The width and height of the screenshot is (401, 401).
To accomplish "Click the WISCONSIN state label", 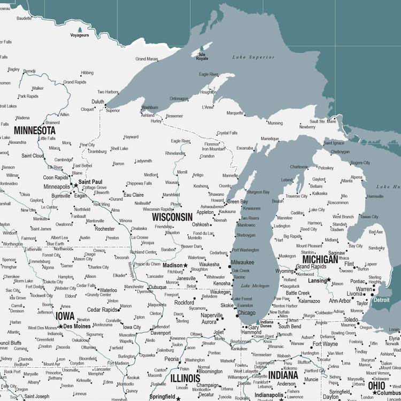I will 172,217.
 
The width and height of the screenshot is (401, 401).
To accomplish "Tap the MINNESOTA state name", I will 35,130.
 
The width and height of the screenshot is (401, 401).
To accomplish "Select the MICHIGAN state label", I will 320,259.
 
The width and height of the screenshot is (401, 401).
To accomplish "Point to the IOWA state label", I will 65,315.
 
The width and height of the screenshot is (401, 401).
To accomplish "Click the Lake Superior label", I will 253,57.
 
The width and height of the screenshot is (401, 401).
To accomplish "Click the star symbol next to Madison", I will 186,265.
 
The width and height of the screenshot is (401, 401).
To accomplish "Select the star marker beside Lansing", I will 329,280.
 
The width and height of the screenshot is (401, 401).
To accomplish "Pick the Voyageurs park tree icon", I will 80,30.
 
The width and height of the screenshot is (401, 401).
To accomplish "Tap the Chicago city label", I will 246,313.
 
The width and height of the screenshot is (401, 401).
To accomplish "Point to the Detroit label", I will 382,300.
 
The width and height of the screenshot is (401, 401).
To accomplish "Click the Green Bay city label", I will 237,202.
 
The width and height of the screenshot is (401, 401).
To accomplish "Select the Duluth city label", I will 98,102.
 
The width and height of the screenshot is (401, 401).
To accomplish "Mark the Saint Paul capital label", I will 90,182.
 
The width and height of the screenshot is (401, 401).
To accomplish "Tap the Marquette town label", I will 235,113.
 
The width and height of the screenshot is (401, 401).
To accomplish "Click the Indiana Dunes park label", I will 266,324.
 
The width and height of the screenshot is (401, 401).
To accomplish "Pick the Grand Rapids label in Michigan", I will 311,266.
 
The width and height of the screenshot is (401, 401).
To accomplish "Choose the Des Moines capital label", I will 77,326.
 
